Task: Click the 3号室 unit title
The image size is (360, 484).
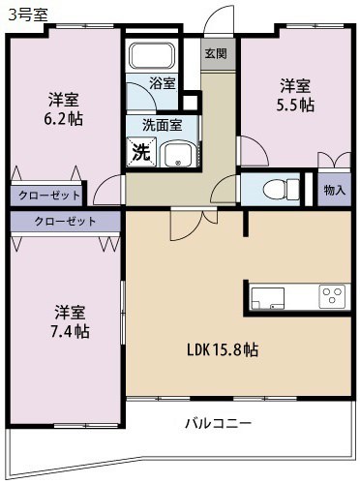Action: point(23,14)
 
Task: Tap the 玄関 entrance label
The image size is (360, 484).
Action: point(216,55)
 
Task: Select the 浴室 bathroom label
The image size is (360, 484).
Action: point(163,84)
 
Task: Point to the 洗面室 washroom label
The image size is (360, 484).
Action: point(161,125)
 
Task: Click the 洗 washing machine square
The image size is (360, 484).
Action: point(141,151)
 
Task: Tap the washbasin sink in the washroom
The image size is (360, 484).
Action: point(177,155)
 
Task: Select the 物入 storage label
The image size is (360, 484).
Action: point(334,191)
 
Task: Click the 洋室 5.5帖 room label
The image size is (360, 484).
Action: point(295,95)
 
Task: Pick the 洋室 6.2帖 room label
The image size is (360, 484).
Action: point(65,108)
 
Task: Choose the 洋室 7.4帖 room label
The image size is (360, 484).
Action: point(71,321)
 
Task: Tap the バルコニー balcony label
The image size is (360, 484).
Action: point(218,423)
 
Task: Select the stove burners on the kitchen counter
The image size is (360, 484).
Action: point(332,293)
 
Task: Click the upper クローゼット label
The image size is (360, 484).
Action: point(47,195)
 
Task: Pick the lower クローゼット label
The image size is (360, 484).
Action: point(65,222)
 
